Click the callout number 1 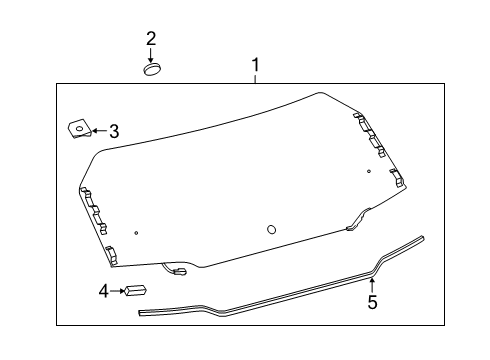(x=255, y=66)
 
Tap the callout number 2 (x=151, y=39)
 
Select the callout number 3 (x=114, y=130)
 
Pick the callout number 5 (x=372, y=302)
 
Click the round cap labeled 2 (x=151, y=69)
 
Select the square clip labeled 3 (x=78, y=128)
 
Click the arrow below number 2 (x=151, y=55)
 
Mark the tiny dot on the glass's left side (x=108, y=233)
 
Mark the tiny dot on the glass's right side (x=369, y=171)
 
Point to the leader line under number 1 (x=255, y=81)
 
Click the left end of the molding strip (x=141, y=312)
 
